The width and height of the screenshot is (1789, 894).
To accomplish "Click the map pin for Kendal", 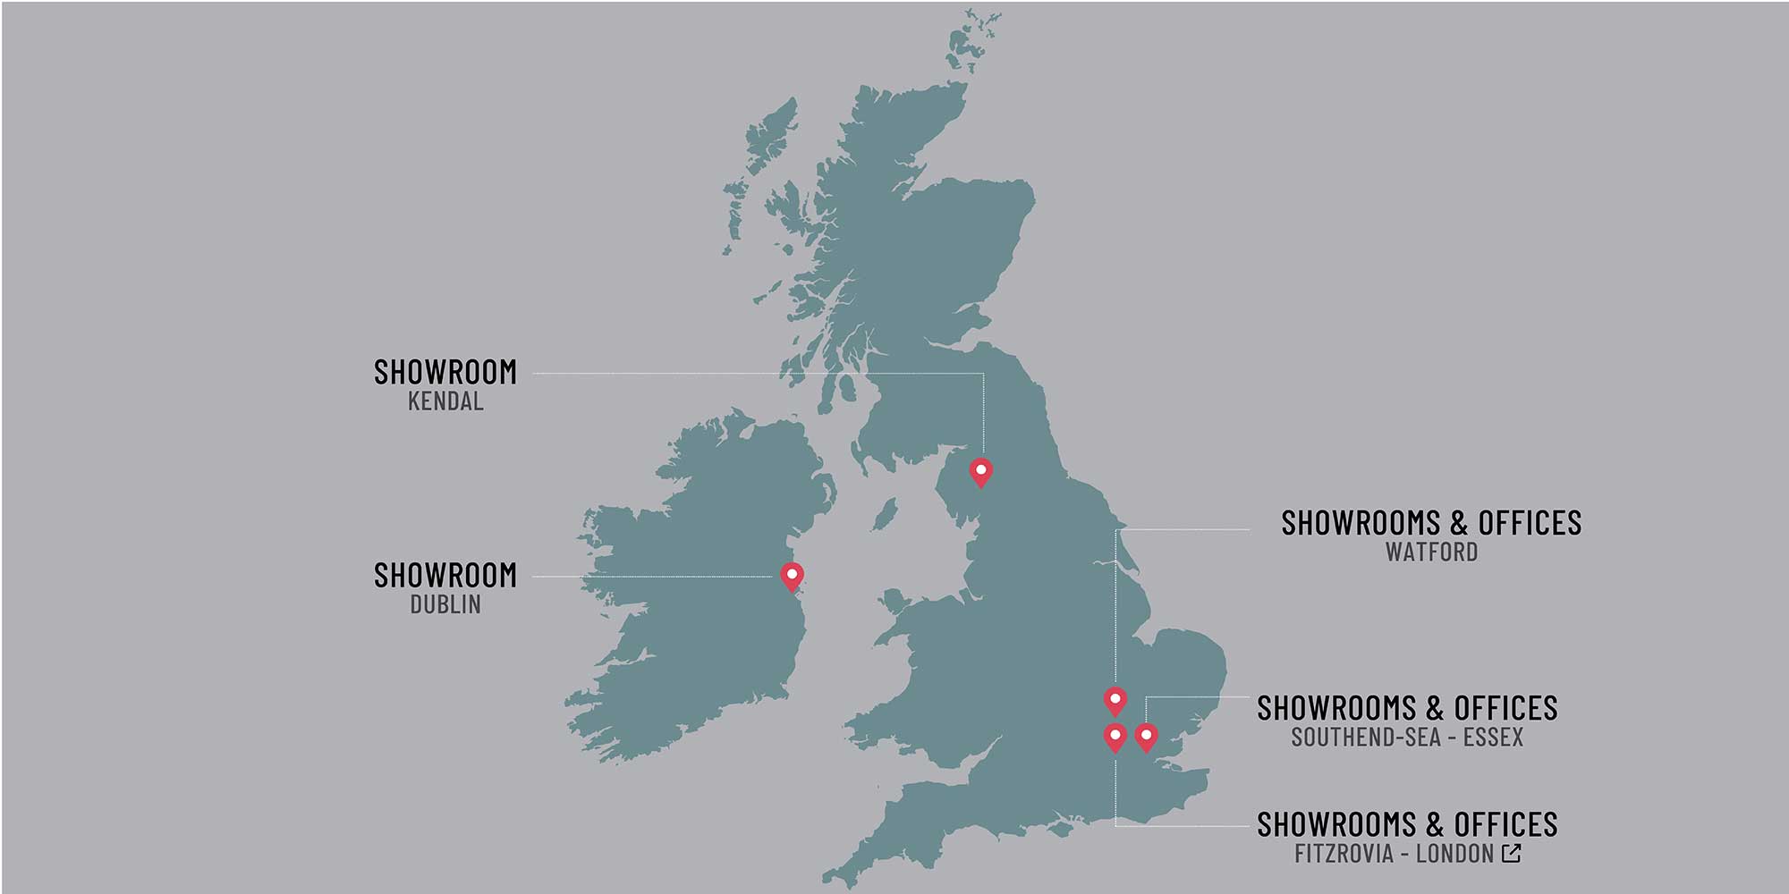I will (x=981, y=471).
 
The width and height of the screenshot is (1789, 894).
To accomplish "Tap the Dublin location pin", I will (x=792, y=575).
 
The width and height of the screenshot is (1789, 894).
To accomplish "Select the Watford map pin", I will (x=1115, y=700).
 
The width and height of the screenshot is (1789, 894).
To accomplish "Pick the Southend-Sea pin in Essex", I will (x=1146, y=737).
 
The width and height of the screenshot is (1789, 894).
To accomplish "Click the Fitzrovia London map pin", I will (x=1115, y=737).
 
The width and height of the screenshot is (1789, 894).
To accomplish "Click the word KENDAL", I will (x=445, y=401).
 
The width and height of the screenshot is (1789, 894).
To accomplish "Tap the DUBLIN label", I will (x=445, y=605).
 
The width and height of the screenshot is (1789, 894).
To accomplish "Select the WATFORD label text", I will (x=1431, y=552).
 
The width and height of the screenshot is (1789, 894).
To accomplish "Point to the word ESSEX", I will (x=1493, y=738).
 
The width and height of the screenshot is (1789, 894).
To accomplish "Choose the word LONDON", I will (x=1454, y=854).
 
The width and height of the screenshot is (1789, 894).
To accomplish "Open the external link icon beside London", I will (x=1512, y=853).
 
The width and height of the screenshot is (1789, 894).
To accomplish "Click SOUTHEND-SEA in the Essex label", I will (x=1365, y=738).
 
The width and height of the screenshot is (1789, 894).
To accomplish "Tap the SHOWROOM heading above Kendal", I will (x=445, y=372).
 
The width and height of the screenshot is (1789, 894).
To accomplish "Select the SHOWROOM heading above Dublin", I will (x=445, y=576).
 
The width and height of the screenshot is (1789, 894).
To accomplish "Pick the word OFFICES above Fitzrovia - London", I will (x=1505, y=824).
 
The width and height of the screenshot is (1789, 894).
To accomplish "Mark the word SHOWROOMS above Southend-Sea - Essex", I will (x=1336, y=708).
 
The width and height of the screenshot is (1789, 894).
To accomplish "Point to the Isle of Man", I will (x=885, y=515).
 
